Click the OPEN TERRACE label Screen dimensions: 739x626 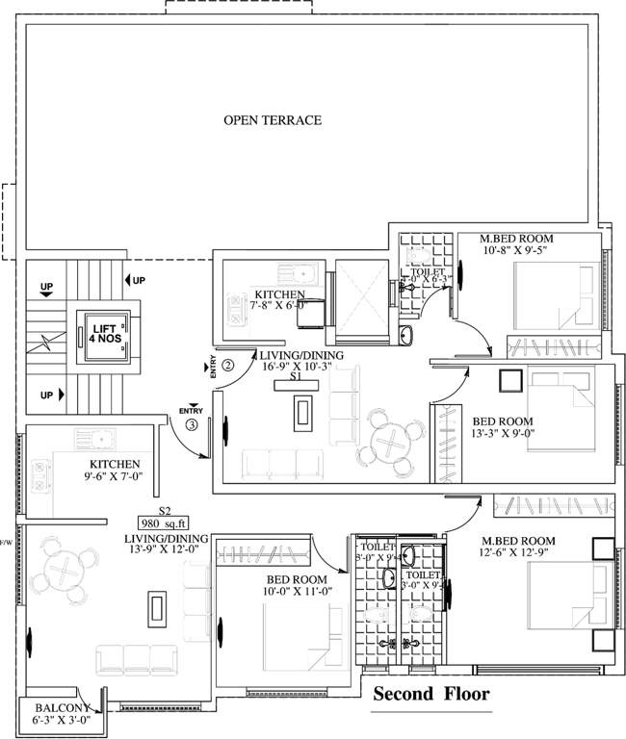point(273,120)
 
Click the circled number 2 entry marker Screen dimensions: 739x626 point(228,365)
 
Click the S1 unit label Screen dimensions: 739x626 point(299,379)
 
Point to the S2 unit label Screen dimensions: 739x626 point(165,511)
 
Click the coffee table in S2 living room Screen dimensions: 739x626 point(155,608)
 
